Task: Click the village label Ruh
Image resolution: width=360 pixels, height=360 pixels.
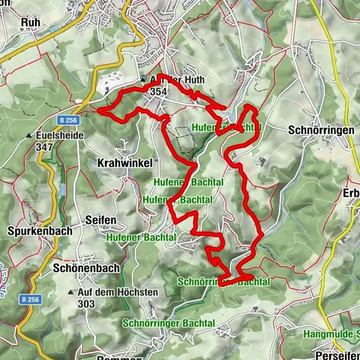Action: [x=31, y=22]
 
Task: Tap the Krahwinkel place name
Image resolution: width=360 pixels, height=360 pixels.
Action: [x=125, y=162]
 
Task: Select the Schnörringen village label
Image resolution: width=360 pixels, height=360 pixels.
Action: [x=321, y=130]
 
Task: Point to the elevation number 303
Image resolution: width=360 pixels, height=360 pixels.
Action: [x=87, y=304]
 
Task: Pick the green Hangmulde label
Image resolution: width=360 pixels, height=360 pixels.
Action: [x=331, y=333]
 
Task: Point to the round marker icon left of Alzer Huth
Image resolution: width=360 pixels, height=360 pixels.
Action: [x=143, y=79]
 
